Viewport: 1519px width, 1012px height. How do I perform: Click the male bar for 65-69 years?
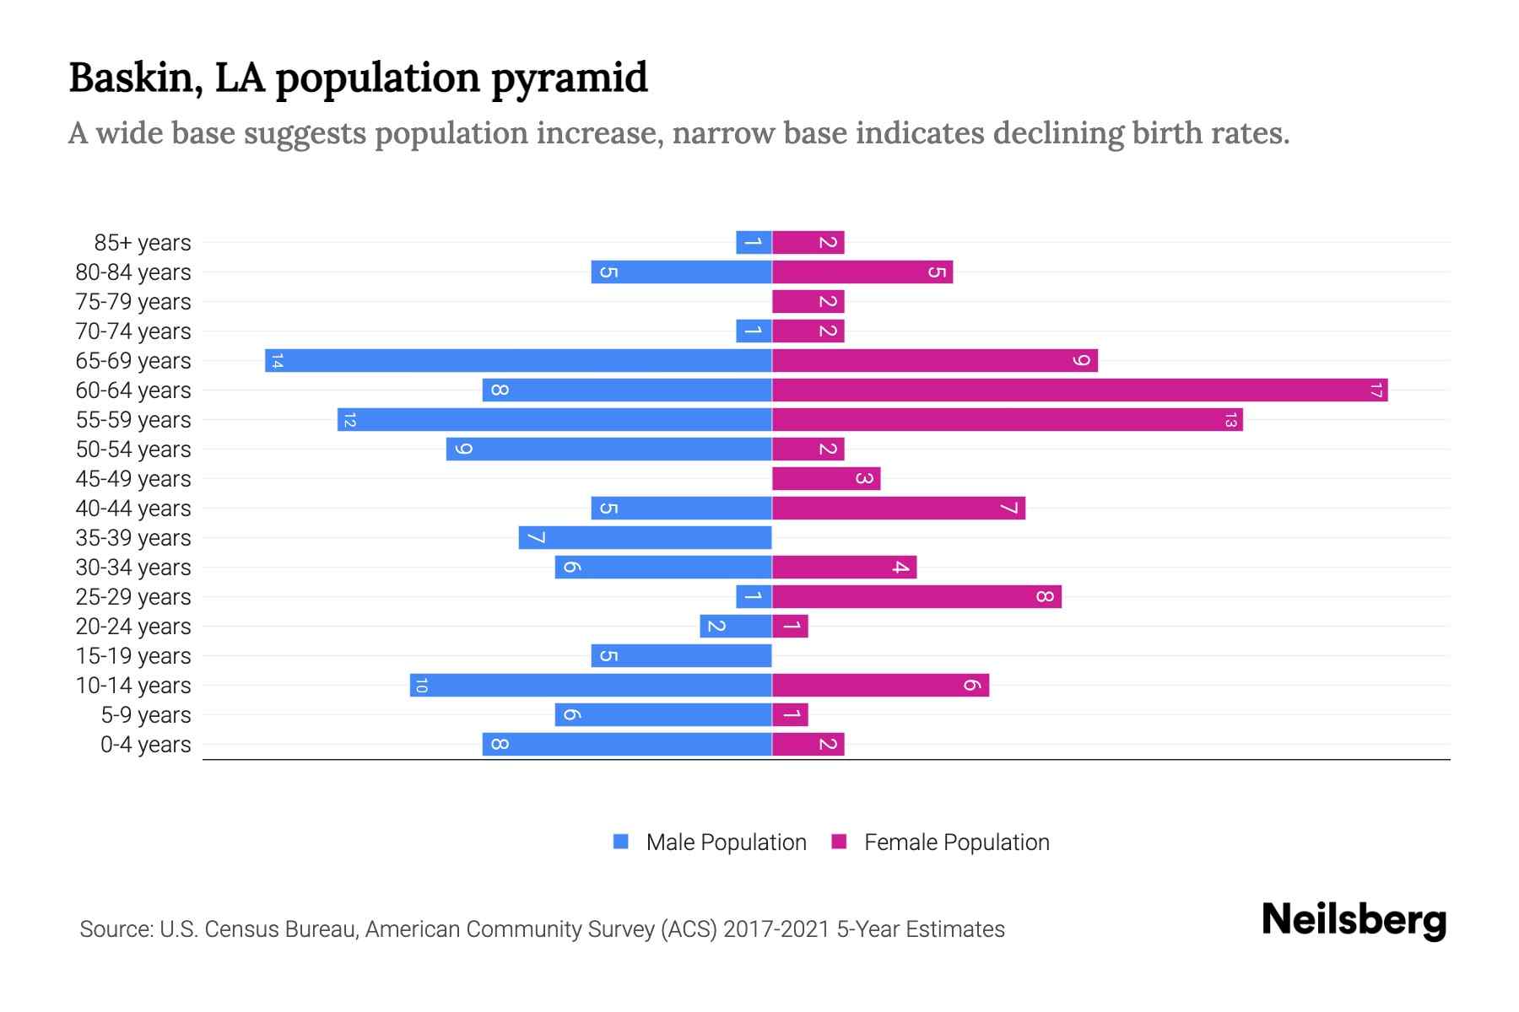click(518, 360)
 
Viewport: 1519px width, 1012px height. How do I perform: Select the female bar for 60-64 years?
click(1079, 390)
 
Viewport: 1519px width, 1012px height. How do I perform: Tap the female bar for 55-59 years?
click(1007, 419)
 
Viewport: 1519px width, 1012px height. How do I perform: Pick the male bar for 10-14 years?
click(591, 685)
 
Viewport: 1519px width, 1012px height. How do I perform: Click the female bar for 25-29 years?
click(916, 596)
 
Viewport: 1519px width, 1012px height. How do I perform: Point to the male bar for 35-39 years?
click(645, 537)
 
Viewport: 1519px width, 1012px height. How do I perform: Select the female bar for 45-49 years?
click(826, 478)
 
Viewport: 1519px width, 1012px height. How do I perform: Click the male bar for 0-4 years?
click(627, 744)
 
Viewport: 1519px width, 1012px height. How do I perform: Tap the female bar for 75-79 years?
click(808, 301)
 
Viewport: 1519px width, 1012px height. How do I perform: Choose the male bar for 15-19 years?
click(681, 655)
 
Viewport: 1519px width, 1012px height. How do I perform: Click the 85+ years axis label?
click(143, 243)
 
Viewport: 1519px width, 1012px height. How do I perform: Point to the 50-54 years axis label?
click(133, 449)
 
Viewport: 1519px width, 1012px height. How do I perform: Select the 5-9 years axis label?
click(146, 715)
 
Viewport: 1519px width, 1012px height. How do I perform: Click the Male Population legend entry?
click(726, 842)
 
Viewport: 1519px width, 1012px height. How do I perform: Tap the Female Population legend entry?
click(956, 842)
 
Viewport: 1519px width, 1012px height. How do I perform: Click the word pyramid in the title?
click(569, 78)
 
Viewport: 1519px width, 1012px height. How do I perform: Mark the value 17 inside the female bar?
click(1376, 390)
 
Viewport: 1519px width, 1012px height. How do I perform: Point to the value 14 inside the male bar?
click(277, 361)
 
